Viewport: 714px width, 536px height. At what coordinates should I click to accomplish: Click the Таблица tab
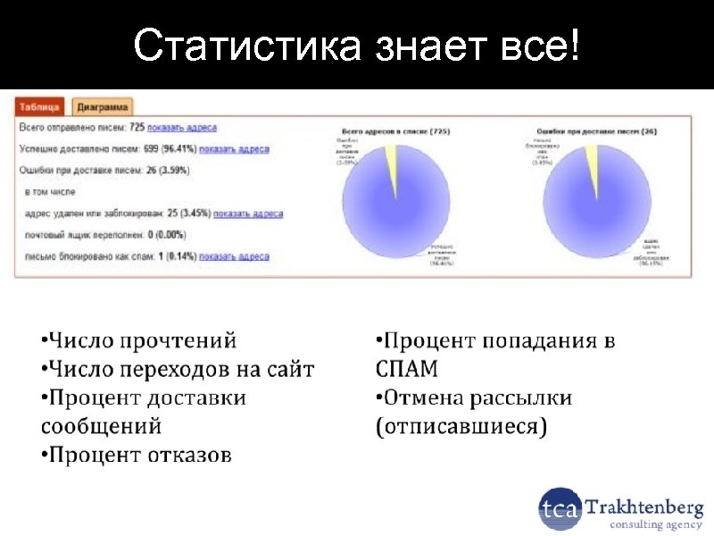(39, 107)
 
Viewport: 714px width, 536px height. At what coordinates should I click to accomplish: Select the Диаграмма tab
(102, 107)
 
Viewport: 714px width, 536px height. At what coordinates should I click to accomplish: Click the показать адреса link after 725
(182, 129)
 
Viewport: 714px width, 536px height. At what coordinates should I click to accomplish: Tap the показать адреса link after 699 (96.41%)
(234, 150)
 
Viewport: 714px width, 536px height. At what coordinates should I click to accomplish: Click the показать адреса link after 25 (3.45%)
(248, 214)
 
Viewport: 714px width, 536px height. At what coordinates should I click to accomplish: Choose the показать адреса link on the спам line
(234, 257)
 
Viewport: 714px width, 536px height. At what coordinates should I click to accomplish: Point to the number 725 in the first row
(137, 129)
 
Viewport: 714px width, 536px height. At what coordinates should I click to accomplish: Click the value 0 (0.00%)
(163, 236)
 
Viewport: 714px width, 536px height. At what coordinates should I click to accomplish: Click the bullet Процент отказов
(139, 456)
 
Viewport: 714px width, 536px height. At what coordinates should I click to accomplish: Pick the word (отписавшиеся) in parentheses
(461, 426)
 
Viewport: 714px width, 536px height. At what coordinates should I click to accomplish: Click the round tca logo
(560, 510)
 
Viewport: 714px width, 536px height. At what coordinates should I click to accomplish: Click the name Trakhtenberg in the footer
(643, 507)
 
